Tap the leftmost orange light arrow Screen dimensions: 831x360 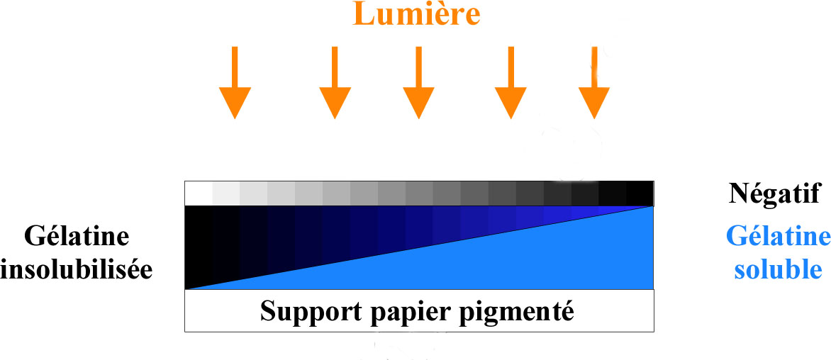pos(235,82)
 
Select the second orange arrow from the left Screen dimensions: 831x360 pos(335,82)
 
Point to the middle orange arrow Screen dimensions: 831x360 pos(418,82)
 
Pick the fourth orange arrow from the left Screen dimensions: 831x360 pos(511,82)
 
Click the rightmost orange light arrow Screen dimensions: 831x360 pos(594,82)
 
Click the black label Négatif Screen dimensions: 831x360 pos(774,194)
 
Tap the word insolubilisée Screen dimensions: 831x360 pos(77,270)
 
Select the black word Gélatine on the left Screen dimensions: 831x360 pos(77,237)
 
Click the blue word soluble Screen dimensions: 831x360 pos(778,270)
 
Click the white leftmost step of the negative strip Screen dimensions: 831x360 pos(199,193)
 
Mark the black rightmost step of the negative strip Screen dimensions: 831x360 pos(640,193)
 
